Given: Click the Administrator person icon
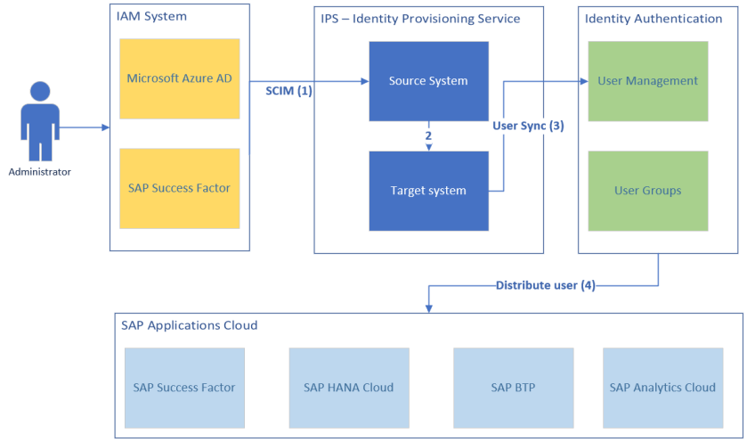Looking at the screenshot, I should click(x=38, y=120).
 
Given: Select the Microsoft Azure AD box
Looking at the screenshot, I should click(x=180, y=79).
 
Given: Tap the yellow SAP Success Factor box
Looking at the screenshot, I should click(x=180, y=188).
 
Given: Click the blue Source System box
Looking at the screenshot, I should click(x=428, y=81).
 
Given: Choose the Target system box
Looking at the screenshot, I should click(x=428, y=191).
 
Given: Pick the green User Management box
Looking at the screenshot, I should click(x=647, y=81).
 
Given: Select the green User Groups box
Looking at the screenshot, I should click(x=647, y=191).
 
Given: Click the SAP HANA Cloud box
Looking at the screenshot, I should click(x=348, y=388).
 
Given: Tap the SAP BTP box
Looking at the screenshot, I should click(x=513, y=388).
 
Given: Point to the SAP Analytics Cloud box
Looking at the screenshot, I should click(x=662, y=388).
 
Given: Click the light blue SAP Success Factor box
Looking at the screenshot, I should click(x=184, y=388).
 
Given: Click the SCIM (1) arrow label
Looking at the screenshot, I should click(x=288, y=91).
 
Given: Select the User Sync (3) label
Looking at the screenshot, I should click(x=528, y=126).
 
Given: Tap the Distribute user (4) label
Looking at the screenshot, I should click(x=545, y=286).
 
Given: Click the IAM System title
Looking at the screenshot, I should click(x=152, y=17).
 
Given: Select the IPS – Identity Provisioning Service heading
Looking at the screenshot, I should click(x=420, y=19).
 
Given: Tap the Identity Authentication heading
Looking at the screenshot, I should click(x=653, y=19).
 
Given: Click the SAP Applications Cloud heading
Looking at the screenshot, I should click(x=189, y=325).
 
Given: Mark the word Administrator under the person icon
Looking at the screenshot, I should click(x=39, y=172).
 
